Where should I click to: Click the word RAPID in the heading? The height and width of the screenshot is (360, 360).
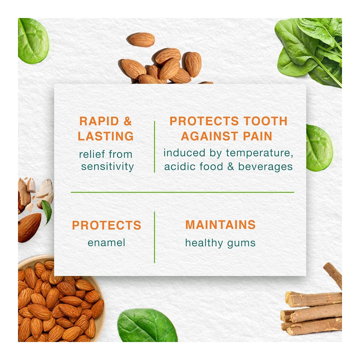coord(99,121)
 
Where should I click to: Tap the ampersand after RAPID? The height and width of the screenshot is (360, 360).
coord(127,121)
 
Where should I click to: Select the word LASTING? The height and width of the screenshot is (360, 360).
coord(105,136)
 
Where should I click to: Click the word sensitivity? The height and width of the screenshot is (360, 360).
coord(107,166)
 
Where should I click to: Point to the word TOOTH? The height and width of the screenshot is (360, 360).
coord(265,121)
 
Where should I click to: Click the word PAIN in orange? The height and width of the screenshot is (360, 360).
coord(257,136)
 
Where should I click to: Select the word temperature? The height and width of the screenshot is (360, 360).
coord(260,153)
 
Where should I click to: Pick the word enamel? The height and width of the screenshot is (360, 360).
coord(107,243)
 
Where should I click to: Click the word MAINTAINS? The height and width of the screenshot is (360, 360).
coord(220,225)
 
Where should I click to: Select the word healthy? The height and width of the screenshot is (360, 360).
coord(204,243)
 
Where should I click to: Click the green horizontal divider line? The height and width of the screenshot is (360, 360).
coord(182,192)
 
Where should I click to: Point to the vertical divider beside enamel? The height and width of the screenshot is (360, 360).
coord(154,237)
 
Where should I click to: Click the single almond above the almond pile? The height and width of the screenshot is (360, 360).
coord(141,40)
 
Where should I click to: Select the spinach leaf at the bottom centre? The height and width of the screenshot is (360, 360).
coord(147,325)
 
